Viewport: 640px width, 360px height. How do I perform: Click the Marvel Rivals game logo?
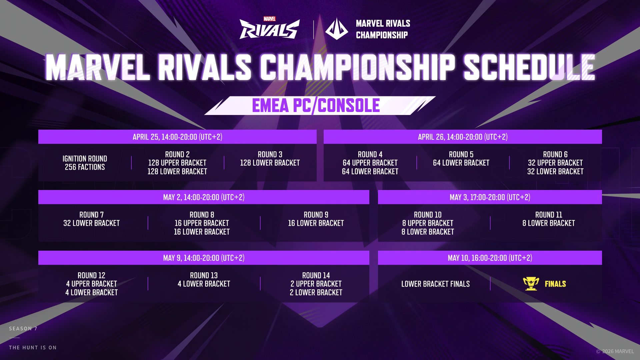270,28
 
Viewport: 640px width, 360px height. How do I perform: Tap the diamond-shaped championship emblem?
337,29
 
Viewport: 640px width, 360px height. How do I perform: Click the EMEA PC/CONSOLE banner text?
316,106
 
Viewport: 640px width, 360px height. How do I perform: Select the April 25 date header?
177,137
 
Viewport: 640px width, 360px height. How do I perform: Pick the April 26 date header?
463,137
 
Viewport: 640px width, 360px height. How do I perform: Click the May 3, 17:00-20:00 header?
490,197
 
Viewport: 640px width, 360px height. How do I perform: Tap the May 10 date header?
490,258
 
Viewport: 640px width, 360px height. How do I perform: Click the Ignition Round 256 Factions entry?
85,163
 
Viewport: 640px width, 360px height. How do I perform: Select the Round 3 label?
270,155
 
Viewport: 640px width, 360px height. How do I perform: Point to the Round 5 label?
461,155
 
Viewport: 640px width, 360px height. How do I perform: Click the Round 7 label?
91,215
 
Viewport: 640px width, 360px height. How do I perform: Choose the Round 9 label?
316,215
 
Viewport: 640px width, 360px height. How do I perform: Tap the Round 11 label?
549,215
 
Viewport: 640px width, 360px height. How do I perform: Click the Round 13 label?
204,276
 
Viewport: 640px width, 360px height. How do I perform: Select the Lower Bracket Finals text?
435,284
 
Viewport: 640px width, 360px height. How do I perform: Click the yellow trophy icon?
531,284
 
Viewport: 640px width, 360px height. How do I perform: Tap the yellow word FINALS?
555,284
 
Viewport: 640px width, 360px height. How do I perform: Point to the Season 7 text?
23,329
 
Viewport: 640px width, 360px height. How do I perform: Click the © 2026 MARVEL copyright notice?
615,351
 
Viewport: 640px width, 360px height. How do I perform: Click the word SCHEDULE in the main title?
529,68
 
